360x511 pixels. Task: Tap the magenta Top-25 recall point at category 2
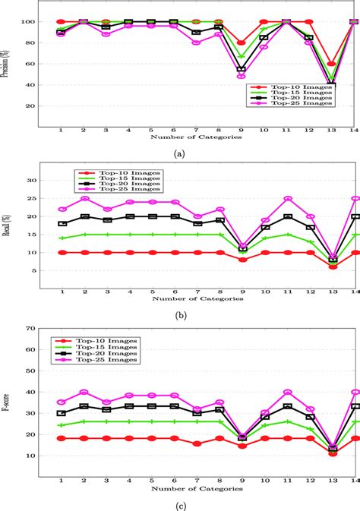(x=84, y=199)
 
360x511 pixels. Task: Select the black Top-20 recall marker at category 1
(x=62, y=224)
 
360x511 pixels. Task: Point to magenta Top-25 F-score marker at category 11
(x=286, y=393)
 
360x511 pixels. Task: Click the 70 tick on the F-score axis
(x=32, y=330)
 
